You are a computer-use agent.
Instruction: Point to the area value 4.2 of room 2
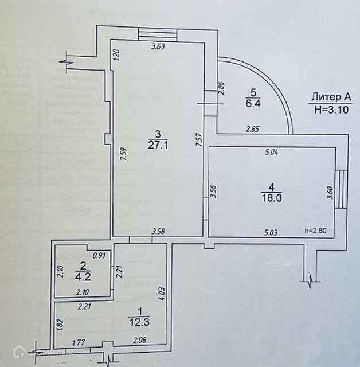tap(83, 274)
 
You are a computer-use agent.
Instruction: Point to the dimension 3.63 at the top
tap(158, 48)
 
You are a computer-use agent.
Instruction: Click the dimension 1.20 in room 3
tap(116, 56)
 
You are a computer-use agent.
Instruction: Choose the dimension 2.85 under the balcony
tap(252, 130)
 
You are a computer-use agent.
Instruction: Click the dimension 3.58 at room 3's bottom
tap(159, 232)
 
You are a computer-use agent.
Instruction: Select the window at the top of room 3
tap(158, 34)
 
